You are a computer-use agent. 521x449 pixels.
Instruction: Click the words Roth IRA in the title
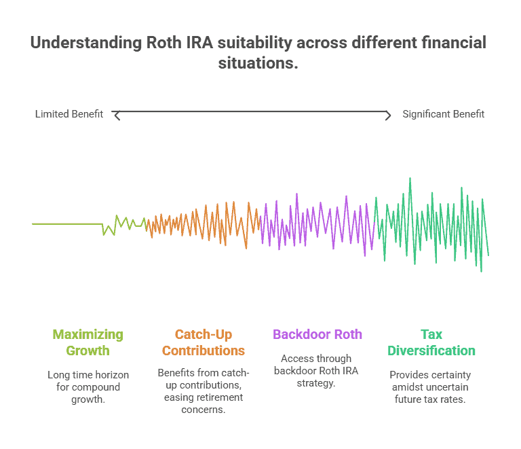pyautogui.click(x=179, y=43)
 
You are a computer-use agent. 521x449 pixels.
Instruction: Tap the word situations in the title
pyautogui.click(x=258, y=63)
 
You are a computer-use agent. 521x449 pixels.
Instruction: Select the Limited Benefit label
pyautogui.click(x=69, y=114)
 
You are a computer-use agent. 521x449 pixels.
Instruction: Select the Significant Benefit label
pyautogui.click(x=443, y=114)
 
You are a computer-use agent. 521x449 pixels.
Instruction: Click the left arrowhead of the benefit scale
pyautogui.click(x=115, y=115)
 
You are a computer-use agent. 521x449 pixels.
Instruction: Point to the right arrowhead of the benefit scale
pyautogui.click(x=388, y=115)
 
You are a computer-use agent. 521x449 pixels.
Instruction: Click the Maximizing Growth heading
pyautogui.click(x=88, y=342)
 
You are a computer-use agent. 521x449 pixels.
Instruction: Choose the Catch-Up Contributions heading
pyautogui.click(x=204, y=342)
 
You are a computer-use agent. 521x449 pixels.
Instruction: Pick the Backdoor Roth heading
pyautogui.click(x=317, y=334)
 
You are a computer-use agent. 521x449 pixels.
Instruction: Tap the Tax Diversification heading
pyautogui.click(x=431, y=342)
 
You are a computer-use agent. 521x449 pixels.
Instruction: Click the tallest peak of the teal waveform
pyautogui.click(x=410, y=179)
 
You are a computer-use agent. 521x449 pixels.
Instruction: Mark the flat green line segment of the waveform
pyautogui.click(x=67, y=224)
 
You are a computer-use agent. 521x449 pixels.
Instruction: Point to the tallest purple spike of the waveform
pyautogui.click(x=296, y=194)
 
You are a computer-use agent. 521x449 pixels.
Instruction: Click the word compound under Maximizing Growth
pyautogui.click(x=96, y=387)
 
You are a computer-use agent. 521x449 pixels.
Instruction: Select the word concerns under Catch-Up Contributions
pyautogui.click(x=203, y=410)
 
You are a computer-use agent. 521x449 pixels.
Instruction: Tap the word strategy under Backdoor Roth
pyautogui.click(x=316, y=383)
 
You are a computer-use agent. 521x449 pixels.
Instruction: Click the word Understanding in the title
pyautogui.click(x=86, y=43)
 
